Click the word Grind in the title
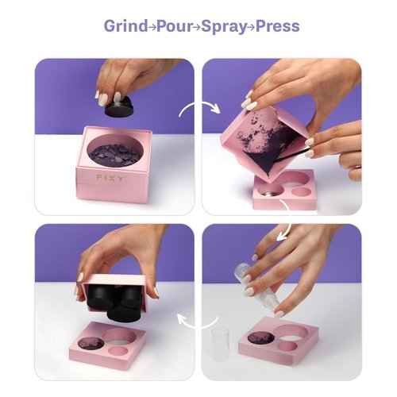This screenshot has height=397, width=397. (124, 26)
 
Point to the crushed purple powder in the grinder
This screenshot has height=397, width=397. (115, 148)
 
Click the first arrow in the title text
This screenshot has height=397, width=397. (149, 27)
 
